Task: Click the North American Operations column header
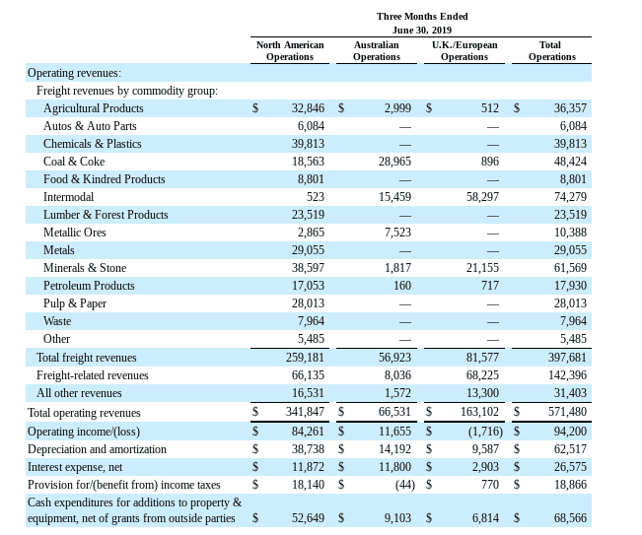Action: coord(290,50)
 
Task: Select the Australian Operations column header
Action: coord(377,50)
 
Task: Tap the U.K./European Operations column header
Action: coord(464,50)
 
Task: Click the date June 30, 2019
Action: coord(422,31)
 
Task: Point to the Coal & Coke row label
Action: coord(74,162)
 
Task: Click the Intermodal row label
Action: coord(68,197)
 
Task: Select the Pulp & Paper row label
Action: coord(75,303)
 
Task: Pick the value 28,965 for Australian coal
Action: coord(394,162)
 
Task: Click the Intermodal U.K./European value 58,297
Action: coord(482,197)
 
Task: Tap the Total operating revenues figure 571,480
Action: coord(567,412)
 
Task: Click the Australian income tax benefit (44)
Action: coord(405,485)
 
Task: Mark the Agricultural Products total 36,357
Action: coord(570,108)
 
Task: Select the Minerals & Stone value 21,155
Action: coord(482,268)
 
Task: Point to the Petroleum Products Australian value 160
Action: coord(402,286)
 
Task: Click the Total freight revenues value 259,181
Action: coord(305,358)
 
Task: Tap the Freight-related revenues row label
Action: coord(92,375)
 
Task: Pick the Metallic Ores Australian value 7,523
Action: coord(398,233)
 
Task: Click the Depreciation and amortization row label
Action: coord(97,449)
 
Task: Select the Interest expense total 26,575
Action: coord(570,467)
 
